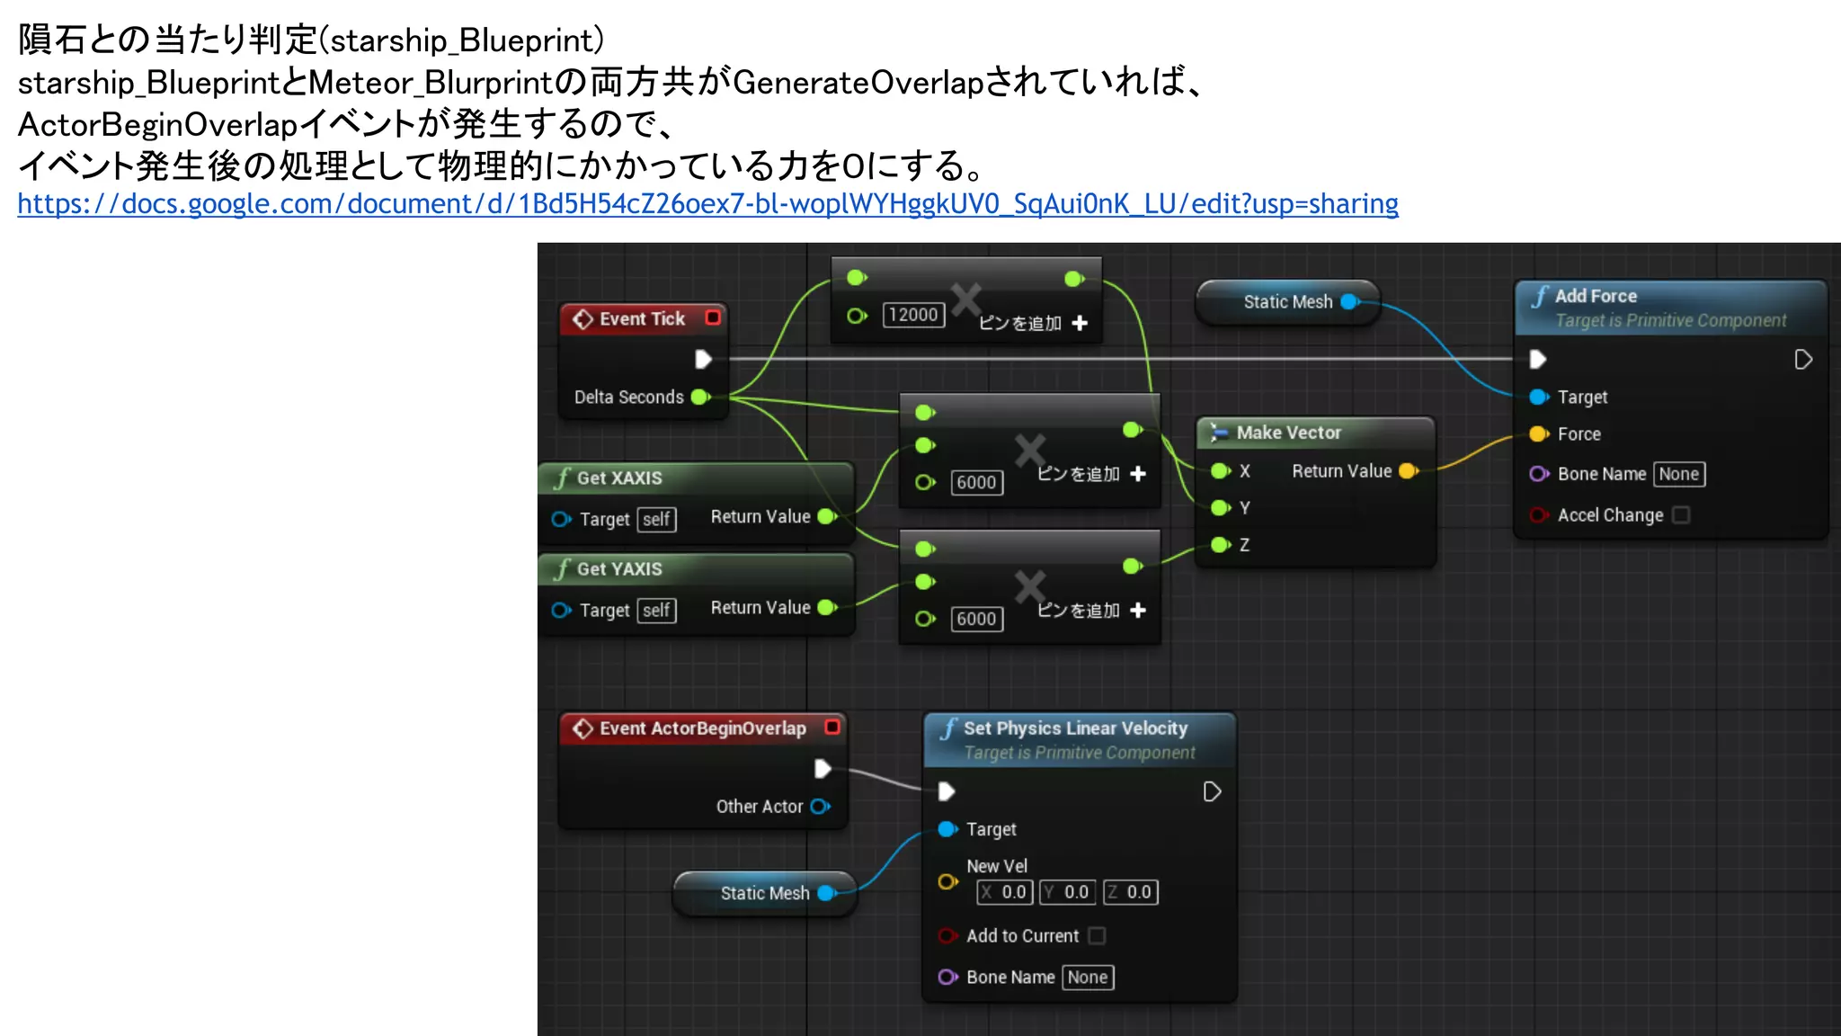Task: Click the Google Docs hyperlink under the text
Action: click(707, 204)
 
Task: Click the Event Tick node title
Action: click(642, 318)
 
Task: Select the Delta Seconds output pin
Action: click(701, 397)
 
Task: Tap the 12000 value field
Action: click(913, 315)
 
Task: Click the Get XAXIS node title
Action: click(619, 478)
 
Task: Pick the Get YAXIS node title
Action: click(619, 568)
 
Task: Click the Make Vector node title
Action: click(1288, 433)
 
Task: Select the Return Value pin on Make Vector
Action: click(1408, 470)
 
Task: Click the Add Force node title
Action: click(1596, 296)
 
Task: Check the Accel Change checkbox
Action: click(1681, 514)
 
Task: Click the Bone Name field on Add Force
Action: click(1678, 474)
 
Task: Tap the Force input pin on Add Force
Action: click(1539, 434)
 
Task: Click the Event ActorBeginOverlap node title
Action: click(702, 728)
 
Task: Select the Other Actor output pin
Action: click(820, 807)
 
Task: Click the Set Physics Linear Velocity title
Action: click(1075, 728)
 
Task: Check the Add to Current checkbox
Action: click(1097, 936)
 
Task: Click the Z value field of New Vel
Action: click(1131, 892)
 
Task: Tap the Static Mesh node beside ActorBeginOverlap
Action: click(765, 893)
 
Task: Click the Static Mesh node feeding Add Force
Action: click(1287, 302)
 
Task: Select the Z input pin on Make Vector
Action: click(1220, 545)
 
